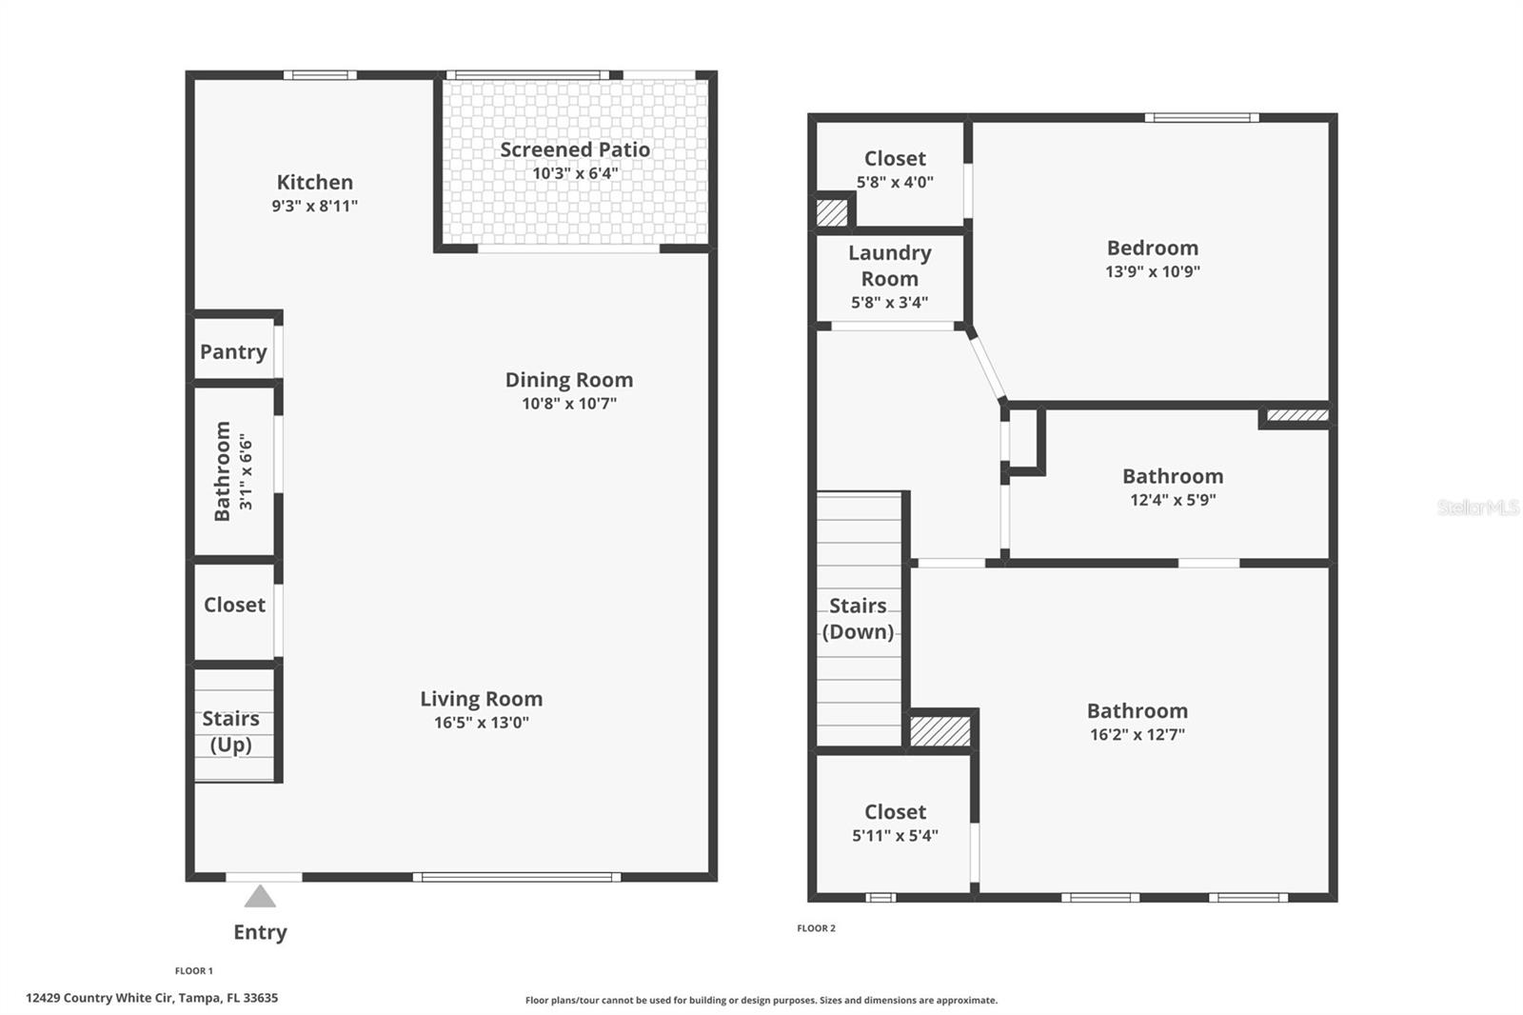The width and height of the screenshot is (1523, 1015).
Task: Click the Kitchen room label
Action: point(314,182)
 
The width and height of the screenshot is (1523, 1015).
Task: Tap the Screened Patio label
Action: point(575,149)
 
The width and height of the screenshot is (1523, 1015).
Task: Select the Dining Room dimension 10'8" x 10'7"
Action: point(568,404)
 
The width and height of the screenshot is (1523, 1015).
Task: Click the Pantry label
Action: point(233,352)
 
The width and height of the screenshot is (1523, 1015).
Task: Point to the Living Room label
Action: point(481,699)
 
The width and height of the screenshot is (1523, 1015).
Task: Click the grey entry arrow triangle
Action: point(260,897)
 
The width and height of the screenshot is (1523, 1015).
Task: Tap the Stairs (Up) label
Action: point(230,731)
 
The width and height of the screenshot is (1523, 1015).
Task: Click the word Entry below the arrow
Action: point(260,932)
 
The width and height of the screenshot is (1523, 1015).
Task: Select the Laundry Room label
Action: point(889,266)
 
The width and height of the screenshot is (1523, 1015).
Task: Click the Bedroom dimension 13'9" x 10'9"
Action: point(1152,271)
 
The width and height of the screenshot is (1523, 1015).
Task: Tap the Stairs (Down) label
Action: point(858,619)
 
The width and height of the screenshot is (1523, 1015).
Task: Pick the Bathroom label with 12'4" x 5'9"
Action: point(1172,476)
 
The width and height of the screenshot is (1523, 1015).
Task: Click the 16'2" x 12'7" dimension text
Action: point(1137,734)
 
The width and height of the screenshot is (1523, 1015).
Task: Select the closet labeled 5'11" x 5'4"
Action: point(895,823)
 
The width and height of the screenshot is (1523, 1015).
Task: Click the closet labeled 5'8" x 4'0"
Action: point(894,169)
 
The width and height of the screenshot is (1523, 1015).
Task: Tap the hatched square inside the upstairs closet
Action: point(832,211)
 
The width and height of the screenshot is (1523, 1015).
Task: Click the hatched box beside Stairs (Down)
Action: point(940,730)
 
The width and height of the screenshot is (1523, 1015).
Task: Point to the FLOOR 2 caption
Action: point(816,928)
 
